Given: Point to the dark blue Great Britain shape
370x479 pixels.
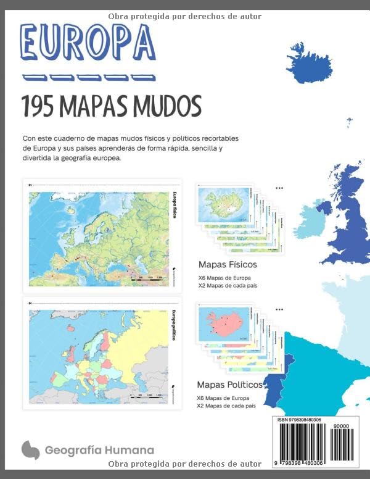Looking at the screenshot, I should [x=348, y=210].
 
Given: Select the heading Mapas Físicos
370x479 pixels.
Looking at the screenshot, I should [x=228, y=264].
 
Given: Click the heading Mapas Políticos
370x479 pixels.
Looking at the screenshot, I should [x=229, y=384].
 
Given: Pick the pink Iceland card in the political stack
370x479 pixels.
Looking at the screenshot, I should [x=224, y=323].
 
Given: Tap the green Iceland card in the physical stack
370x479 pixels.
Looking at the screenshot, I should [x=224, y=204].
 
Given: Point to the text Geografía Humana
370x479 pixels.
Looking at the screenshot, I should [x=99, y=450].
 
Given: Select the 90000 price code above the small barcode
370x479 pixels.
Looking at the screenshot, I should [x=340, y=426].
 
